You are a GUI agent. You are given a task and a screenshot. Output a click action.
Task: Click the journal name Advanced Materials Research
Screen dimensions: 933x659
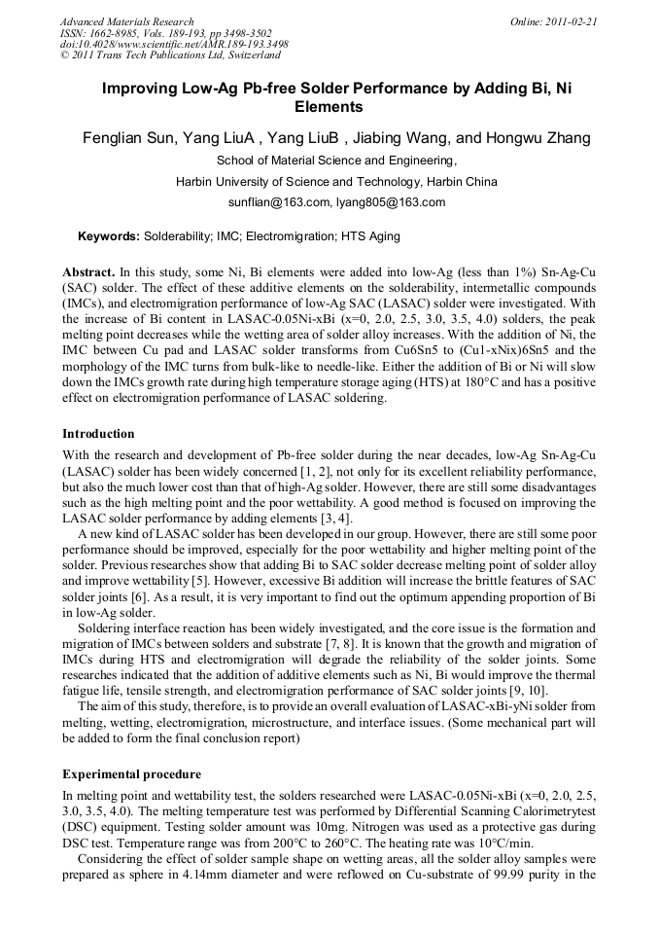coord(126,20)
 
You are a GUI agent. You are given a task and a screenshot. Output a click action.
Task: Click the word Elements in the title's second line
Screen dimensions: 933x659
coord(329,107)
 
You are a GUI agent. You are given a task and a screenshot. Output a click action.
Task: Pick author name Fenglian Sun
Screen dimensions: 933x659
coord(127,137)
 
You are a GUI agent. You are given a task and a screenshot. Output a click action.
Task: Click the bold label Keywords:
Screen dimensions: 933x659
coord(109,236)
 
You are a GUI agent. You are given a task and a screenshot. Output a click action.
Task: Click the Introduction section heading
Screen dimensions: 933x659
coord(98,434)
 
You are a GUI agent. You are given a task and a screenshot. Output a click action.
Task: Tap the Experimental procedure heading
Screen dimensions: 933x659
coord(131,774)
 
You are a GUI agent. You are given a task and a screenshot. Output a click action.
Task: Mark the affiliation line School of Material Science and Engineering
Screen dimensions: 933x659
coord(335,161)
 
